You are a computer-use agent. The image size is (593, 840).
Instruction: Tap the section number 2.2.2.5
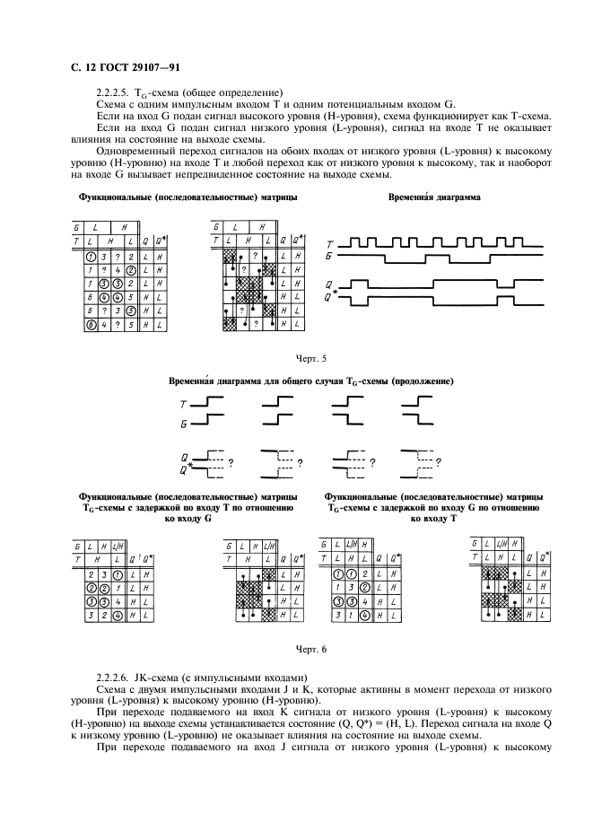pyautogui.click(x=112, y=92)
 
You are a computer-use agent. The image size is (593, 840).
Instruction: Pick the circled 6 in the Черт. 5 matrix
pyautogui.click(x=90, y=324)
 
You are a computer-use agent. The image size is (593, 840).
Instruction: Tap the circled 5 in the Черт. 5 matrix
pyautogui.click(x=131, y=311)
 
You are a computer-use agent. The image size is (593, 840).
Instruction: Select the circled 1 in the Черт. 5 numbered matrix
pyautogui.click(x=90, y=257)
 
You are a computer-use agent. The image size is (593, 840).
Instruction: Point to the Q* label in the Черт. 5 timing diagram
pyautogui.click(x=331, y=295)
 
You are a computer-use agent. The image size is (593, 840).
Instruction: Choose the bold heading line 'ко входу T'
pyautogui.click(x=433, y=518)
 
